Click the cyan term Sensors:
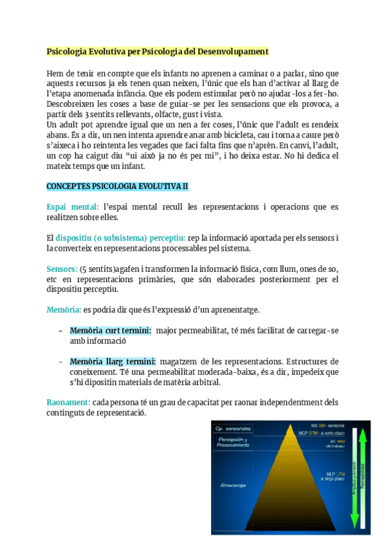[x=62, y=268]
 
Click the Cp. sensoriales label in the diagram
[x=233, y=427]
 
